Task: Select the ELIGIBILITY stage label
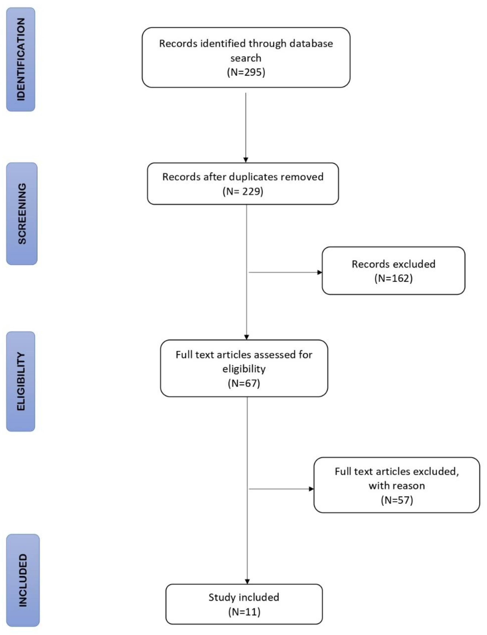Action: (x=21, y=381)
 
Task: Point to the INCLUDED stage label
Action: (x=23, y=580)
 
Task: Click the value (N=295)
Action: (x=246, y=72)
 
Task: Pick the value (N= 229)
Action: (x=243, y=191)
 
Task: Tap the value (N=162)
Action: (x=393, y=278)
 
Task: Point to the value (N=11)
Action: (x=244, y=612)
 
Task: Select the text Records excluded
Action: (x=393, y=264)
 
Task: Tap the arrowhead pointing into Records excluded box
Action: (x=320, y=272)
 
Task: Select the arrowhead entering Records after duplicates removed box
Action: (x=246, y=160)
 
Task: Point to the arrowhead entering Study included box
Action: (x=247, y=581)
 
